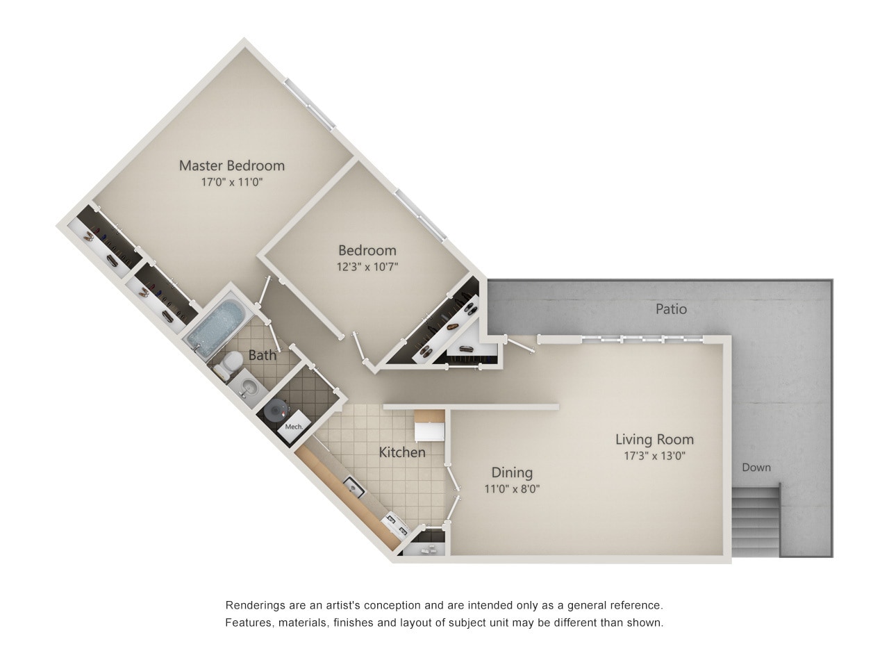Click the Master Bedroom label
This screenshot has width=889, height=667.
click(x=231, y=165)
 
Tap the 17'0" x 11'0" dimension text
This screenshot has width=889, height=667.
click(x=231, y=183)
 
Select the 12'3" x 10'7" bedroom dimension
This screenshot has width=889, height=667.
click(x=367, y=266)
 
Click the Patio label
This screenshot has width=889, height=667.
click(x=671, y=308)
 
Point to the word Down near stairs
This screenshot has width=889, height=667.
click(x=756, y=468)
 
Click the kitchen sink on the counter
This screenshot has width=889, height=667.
click(x=354, y=486)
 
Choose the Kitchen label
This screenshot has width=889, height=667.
click(x=402, y=452)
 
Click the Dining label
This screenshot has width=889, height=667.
click(x=512, y=472)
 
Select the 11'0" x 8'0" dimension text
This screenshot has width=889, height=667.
click(x=512, y=488)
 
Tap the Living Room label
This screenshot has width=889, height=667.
click(x=654, y=439)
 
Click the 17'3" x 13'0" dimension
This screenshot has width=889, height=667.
click(x=654, y=456)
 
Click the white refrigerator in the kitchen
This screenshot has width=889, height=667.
click(x=429, y=426)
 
